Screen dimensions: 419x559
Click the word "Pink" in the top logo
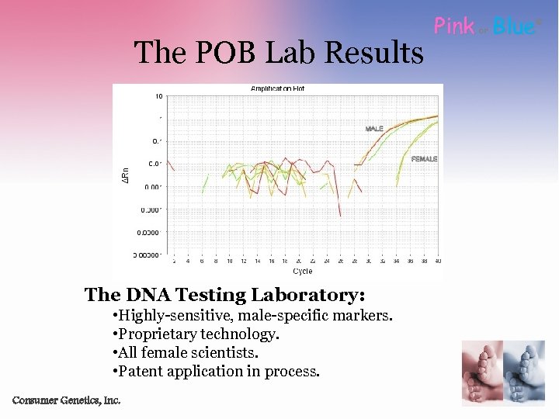(454, 26)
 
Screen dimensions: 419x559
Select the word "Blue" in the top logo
(514, 26)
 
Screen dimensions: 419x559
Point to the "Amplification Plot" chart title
(277, 88)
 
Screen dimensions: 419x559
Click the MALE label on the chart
(374, 129)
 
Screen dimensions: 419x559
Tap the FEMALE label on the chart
(424, 159)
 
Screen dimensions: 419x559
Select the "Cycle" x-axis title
(303, 272)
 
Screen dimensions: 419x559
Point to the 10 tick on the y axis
(158, 97)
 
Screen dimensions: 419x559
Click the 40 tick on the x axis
(438, 262)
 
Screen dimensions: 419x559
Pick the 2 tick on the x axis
(174, 262)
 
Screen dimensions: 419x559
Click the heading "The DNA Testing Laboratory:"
(225, 295)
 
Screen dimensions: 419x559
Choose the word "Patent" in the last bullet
(141, 371)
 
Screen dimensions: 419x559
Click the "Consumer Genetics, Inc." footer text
(67, 400)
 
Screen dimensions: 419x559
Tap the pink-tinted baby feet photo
(481, 372)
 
